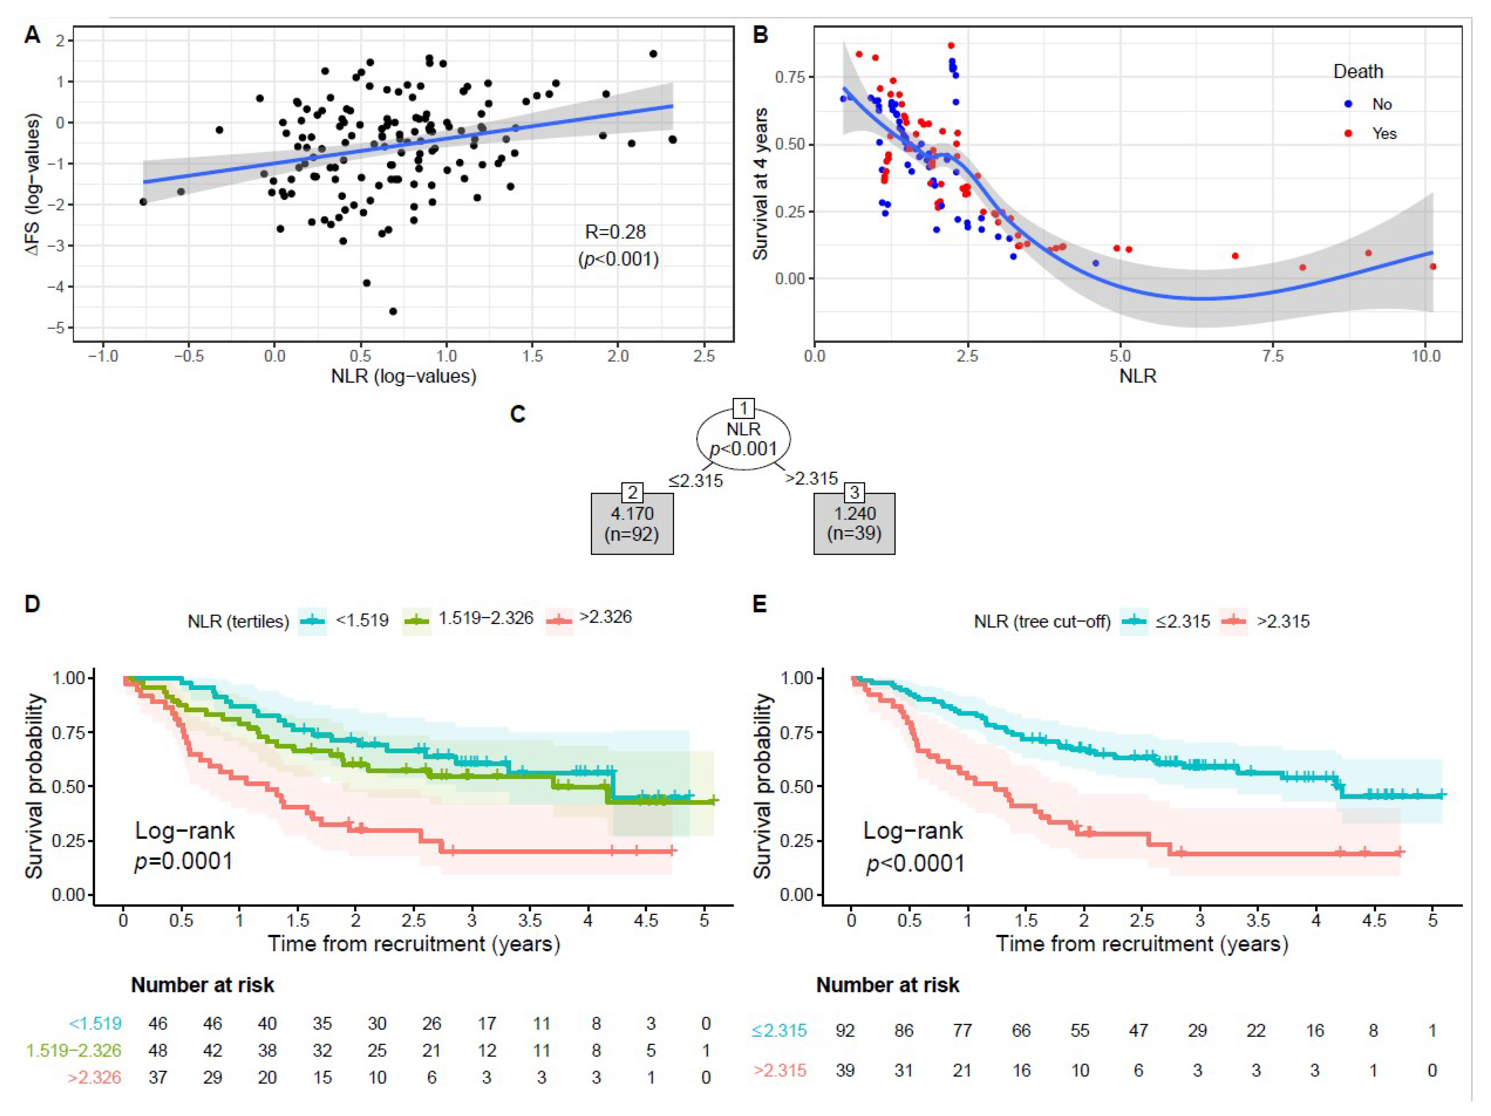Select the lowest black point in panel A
click(393, 311)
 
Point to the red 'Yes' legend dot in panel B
click(1348, 134)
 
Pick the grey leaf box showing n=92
click(632, 524)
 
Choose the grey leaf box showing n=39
click(854, 524)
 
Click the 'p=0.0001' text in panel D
click(183, 861)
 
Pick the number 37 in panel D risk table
click(158, 1077)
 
